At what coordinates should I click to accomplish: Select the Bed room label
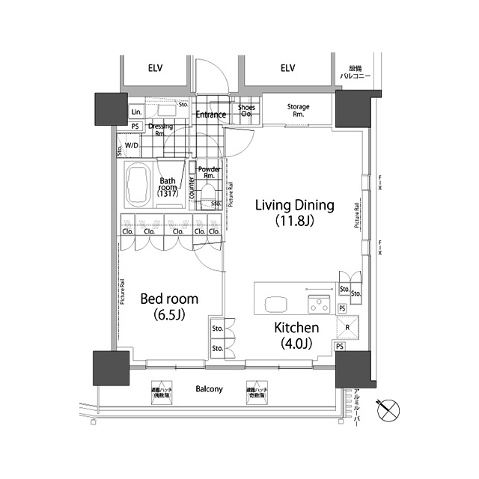[169, 299]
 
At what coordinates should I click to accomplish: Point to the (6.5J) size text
[169, 314]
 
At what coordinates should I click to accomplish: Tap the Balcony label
[209, 389]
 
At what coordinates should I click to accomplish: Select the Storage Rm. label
[299, 111]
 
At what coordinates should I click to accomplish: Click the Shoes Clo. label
[246, 112]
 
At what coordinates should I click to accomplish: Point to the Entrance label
[211, 115]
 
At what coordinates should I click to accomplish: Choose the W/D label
[132, 145]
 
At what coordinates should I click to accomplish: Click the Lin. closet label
[136, 112]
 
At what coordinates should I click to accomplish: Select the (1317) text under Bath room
[167, 195]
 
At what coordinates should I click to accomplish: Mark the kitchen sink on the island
[275, 303]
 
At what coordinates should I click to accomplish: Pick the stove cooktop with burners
[320, 304]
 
